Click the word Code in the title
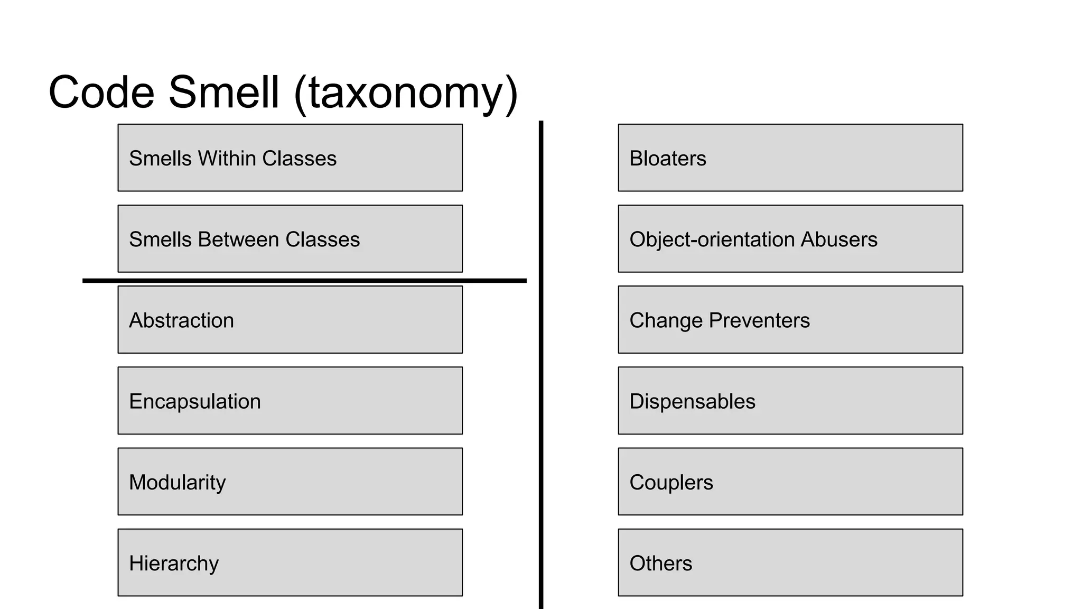pos(101,93)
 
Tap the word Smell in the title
pos(223,93)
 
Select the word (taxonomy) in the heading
pos(406,94)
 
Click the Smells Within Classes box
pos(290,158)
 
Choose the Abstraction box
pos(290,320)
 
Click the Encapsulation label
pos(195,402)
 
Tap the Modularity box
pos(290,482)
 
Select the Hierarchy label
pos(174,564)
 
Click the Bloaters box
pos(790,158)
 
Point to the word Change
pos(666,321)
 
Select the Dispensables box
pos(790,401)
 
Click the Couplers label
pos(671,483)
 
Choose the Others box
pos(790,562)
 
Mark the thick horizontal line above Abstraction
pos(304,281)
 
